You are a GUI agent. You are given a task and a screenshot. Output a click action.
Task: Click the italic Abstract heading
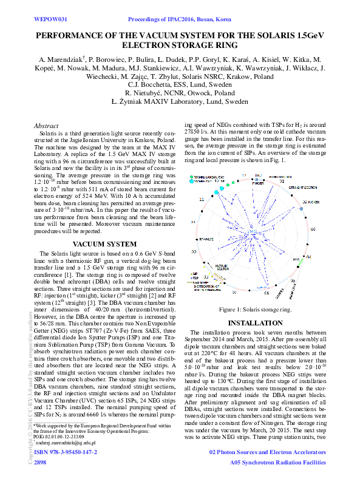[x=46, y=126]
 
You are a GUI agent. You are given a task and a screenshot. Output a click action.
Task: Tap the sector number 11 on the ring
[x=202, y=199]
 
